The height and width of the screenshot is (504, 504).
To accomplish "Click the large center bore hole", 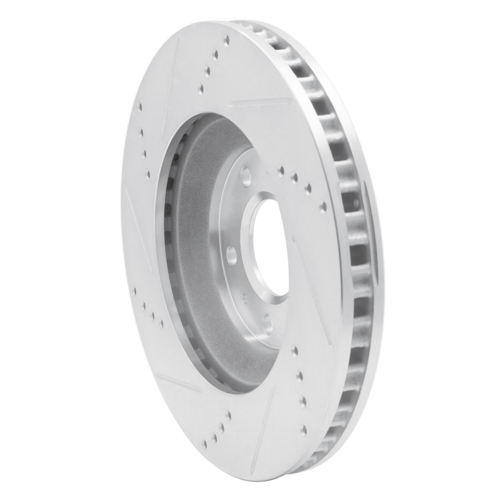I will coord(270,248).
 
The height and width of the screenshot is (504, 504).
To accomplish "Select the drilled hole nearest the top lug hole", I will coord(280,169).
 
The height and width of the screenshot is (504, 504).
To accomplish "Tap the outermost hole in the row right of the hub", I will coord(323,205).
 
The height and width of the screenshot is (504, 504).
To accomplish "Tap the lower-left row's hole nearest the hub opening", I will coord(162,323).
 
